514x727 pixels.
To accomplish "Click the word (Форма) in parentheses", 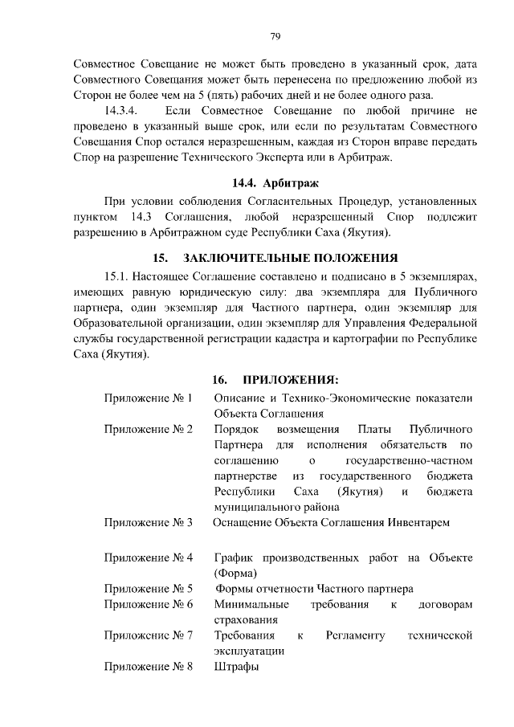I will coord(236,573).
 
